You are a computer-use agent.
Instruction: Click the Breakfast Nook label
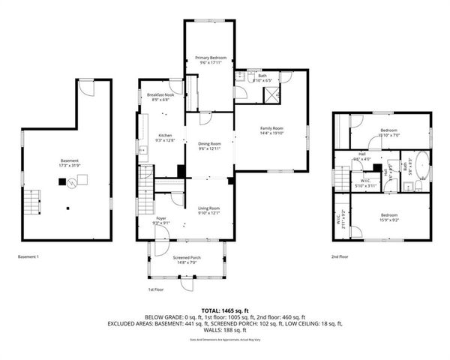(x=160, y=95)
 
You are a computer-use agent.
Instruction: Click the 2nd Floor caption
(x=340, y=256)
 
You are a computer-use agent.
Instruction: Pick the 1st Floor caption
(x=156, y=289)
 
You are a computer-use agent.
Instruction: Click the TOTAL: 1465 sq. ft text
(x=224, y=309)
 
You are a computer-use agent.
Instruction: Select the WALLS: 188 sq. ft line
(x=224, y=329)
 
